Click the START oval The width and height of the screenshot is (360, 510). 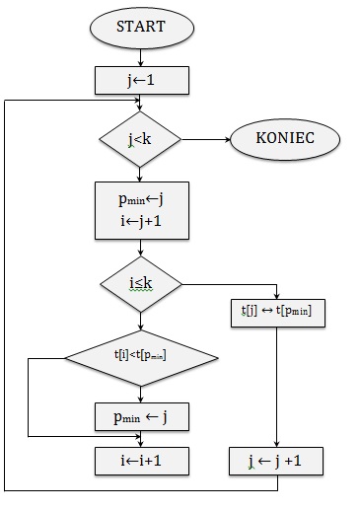coord(140,28)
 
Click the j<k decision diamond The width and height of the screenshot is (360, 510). coord(140,140)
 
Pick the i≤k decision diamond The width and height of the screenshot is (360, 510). coord(140,284)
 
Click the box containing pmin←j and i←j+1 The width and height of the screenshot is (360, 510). coord(140,209)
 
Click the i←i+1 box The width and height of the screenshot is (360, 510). coord(140,460)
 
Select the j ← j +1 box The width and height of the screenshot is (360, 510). coord(277,461)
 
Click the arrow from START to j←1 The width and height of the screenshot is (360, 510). coord(140,55)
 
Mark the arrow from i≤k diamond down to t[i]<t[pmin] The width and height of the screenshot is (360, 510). coord(140,320)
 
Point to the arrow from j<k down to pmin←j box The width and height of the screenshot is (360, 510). coord(140,173)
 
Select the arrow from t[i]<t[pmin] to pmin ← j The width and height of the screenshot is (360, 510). coord(140,393)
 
